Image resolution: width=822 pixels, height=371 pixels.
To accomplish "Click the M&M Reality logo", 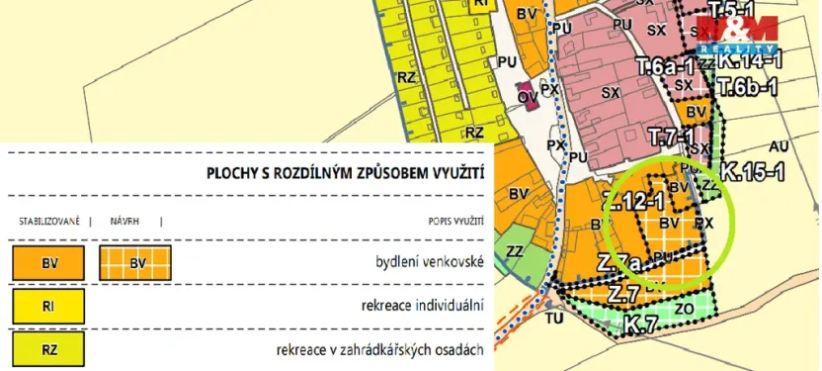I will pyautogui.click(x=736, y=35).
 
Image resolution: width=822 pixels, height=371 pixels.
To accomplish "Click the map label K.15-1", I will pyautogui.click(x=752, y=171).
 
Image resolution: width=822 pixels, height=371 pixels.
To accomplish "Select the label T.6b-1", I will pyautogui.click(x=748, y=87).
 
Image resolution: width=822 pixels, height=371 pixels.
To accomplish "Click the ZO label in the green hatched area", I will pyautogui.click(x=685, y=310).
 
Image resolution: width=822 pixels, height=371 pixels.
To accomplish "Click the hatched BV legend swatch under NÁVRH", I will pyautogui.click(x=135, y=263).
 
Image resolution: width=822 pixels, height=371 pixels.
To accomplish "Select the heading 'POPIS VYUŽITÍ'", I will pyautogui.click(x=454, y=222).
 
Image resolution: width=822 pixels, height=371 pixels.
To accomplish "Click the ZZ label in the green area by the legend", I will pyautogui.click(x=515, y=251).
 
